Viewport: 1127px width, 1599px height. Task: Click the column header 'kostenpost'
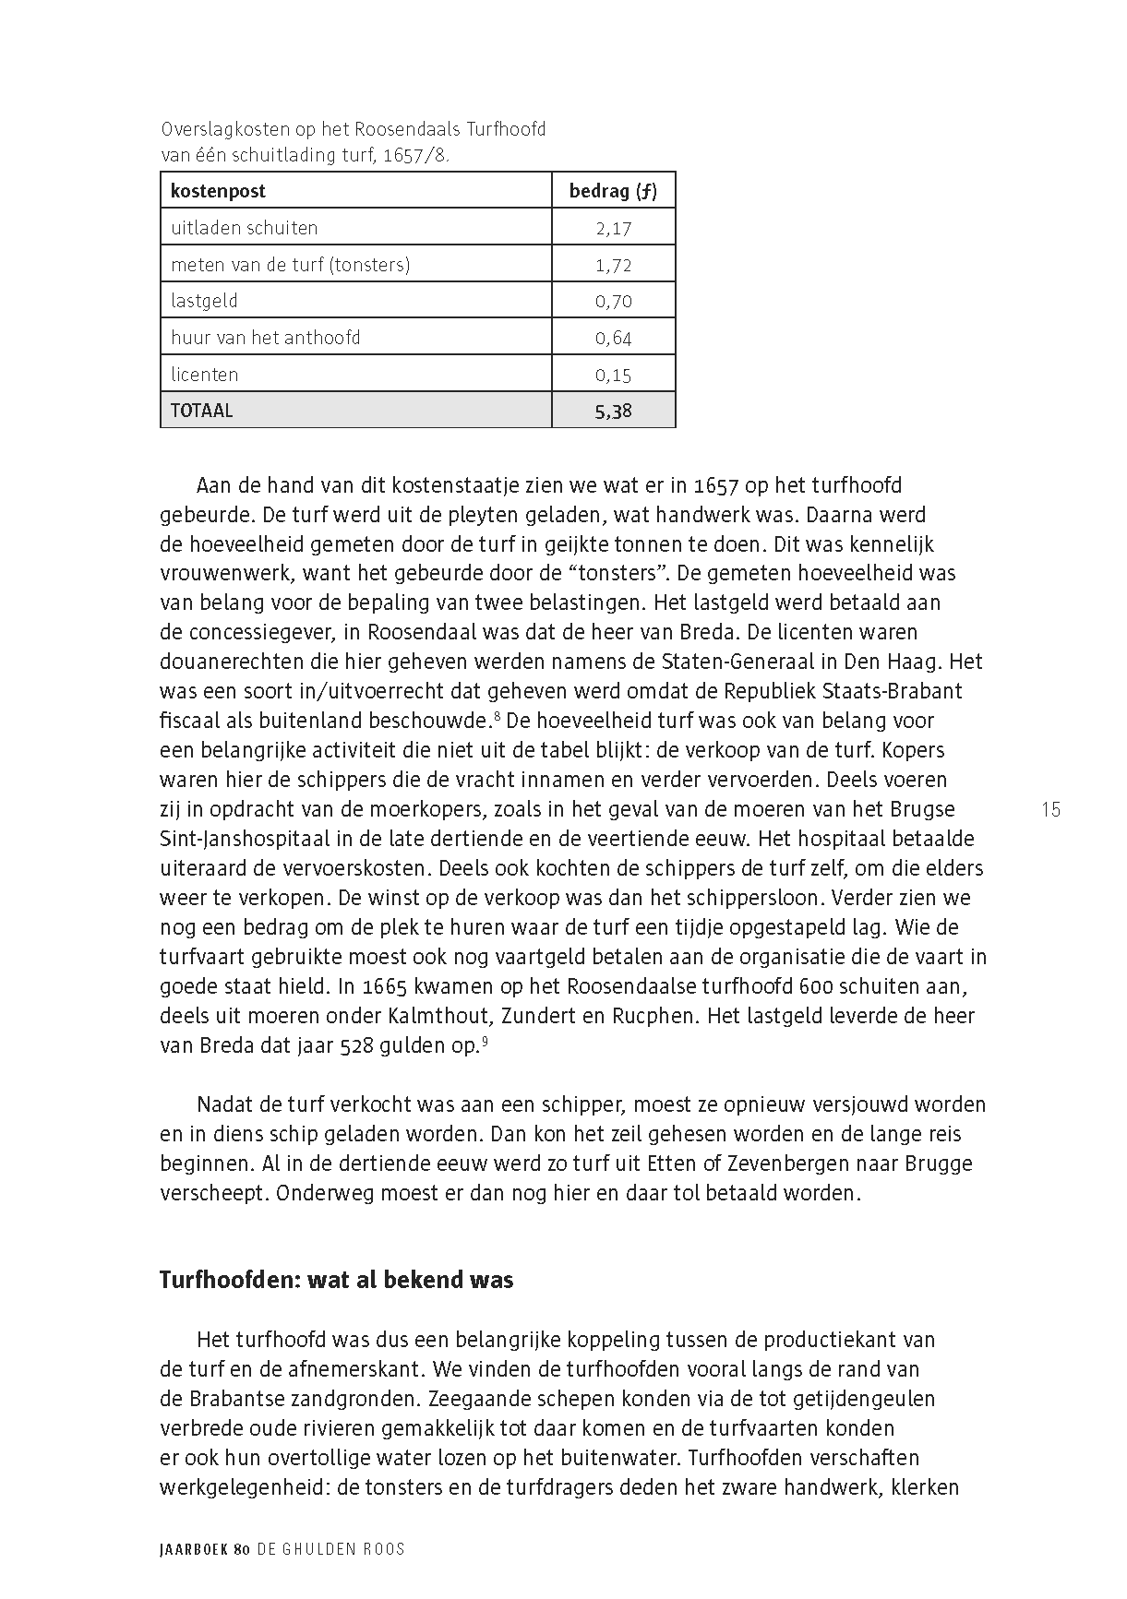[218, 191]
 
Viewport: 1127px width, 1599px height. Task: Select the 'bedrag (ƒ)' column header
[613, 191]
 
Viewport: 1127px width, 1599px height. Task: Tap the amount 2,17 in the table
[613, 228]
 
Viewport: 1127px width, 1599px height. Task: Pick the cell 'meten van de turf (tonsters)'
[290, 265]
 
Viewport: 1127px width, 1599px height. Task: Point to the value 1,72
[613, 266]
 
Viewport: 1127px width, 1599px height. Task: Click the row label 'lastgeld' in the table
[204, 301]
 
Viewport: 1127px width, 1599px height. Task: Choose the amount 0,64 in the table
[613, 339]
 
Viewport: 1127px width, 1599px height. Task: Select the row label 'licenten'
[204, 375]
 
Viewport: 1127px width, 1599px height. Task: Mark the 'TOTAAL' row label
[201, 411]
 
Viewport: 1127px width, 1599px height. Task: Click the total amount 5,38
[613, 412]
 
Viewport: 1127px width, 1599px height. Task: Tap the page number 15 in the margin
[1050, 810]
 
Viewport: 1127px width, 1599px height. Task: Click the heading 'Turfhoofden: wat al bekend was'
[336, 1280]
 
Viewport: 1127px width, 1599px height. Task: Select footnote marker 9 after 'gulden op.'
[485, 1040]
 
